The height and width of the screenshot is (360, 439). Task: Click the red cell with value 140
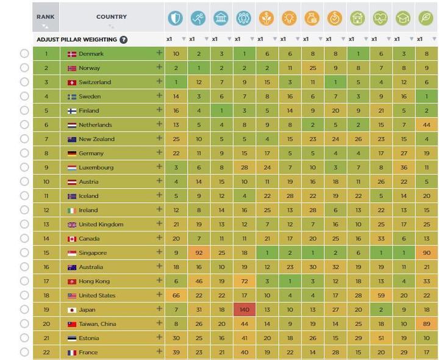(244, 309)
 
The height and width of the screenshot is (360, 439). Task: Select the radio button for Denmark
(24, 54)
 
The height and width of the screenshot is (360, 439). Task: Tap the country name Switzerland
(95, 82)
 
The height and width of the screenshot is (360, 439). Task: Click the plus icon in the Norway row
(159, 67)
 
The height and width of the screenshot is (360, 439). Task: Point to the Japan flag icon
(72, 309)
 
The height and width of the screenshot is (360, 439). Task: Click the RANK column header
(46, 18)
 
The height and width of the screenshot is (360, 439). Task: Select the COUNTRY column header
(112, 18)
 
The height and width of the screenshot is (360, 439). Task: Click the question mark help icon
(124, 40)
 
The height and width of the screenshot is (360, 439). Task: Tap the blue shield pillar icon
(176, 18)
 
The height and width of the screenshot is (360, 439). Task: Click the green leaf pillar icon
(426, 18)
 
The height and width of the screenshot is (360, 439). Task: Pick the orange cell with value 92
(199, 253)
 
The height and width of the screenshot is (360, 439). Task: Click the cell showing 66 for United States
(176, 295)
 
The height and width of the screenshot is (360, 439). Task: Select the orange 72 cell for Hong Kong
(244, 281)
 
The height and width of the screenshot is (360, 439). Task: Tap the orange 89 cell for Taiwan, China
(426, 324)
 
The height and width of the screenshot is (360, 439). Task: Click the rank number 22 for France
(46, 352)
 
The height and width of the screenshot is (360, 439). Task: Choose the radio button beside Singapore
(24, 253)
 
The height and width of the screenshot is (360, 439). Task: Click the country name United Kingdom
(101, 224)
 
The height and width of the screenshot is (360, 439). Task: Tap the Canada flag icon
(72, 239)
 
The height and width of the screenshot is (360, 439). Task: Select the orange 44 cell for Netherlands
(426, 125)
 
